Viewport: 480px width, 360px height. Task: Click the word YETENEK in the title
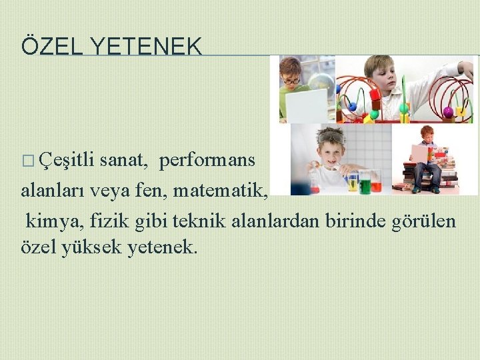tap(145, 46)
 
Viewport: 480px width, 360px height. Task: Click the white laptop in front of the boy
tap(306, 105)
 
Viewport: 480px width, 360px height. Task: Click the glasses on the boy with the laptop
tap(291, 81)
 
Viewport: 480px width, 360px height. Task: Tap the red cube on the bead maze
tap(375, 103)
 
